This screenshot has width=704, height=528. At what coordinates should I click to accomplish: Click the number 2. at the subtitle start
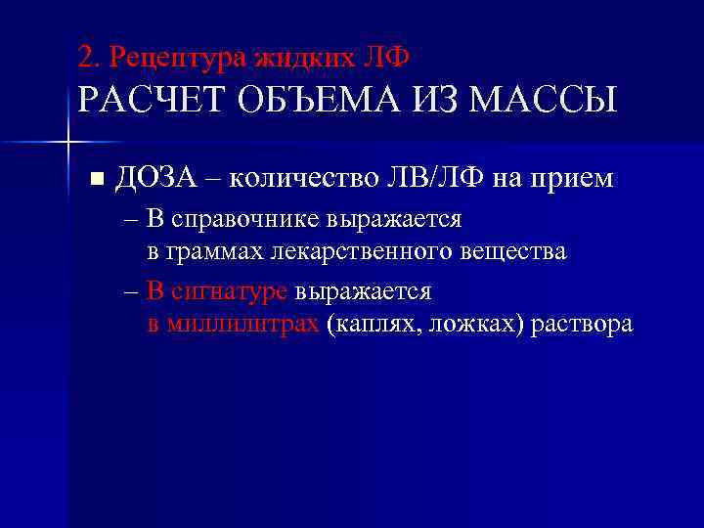click(90, 58)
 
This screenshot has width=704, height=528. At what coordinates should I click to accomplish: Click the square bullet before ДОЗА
click(95, 179)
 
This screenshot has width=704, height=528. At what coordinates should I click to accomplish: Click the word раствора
click(581, 324)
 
